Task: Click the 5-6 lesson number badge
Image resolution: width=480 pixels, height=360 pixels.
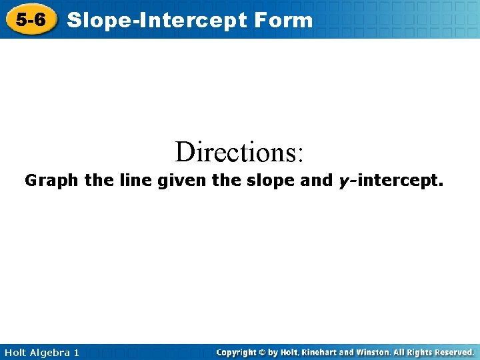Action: [x=31, y=20]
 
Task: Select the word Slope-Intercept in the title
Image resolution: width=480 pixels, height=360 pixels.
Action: [x=158, y=20]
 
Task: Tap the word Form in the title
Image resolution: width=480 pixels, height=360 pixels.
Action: [x=284, y=20]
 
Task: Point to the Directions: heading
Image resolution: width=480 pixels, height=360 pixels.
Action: [x=239, y=152]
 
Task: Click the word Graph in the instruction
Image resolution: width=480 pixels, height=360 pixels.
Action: [x=52, y=180]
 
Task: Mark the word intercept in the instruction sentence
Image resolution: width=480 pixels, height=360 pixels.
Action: [x=399, y=180]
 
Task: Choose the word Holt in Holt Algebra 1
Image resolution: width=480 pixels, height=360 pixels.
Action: [x=15, y=352]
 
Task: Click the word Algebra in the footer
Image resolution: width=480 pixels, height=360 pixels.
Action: [x=51, y=352]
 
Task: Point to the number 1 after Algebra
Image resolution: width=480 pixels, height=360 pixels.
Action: [x=76, y=352]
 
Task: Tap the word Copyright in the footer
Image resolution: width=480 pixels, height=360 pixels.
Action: [x=237, y=352]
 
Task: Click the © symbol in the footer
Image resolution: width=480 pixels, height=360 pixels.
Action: [x=263, y=352]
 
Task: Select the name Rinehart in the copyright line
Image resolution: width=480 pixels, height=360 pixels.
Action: [x=319, y=352]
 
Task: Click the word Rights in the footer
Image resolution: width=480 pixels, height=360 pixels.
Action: [x=420, y=352]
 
